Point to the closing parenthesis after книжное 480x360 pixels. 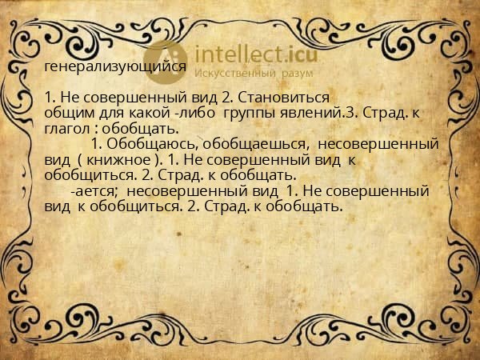[x=159, y=159]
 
